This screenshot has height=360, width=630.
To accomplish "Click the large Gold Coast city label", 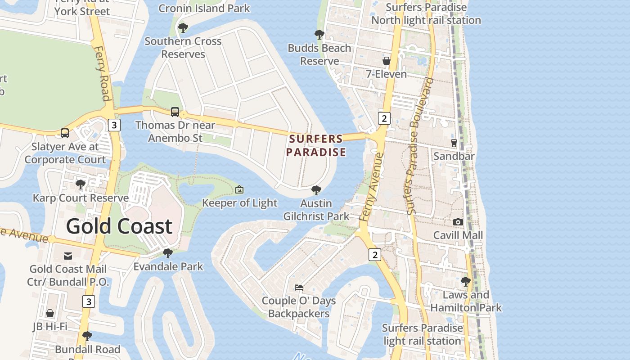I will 119,226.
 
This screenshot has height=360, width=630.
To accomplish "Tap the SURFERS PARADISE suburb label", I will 316,145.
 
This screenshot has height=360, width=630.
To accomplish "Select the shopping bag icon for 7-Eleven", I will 386,61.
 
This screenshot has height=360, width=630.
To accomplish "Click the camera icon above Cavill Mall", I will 458,222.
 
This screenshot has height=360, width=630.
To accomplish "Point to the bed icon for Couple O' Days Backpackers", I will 299,287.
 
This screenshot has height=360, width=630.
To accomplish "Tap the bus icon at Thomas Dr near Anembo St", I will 175,112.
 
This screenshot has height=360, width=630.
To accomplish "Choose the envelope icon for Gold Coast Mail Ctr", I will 68,256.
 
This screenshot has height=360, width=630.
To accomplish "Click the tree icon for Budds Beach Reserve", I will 319,35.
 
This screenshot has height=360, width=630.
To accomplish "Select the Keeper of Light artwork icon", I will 239,189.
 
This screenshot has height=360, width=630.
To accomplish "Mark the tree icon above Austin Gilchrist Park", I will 316,190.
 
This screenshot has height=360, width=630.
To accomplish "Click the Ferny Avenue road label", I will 371,187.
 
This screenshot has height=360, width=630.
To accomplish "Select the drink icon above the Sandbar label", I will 454,143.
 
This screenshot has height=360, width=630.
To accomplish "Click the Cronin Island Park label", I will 204,8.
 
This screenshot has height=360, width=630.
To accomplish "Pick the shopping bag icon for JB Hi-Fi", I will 50,313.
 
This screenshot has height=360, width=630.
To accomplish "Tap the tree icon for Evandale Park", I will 168,253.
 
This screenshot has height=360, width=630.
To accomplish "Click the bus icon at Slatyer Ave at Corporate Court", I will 65,133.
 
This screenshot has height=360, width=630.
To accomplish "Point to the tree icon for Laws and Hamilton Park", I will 466,282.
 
